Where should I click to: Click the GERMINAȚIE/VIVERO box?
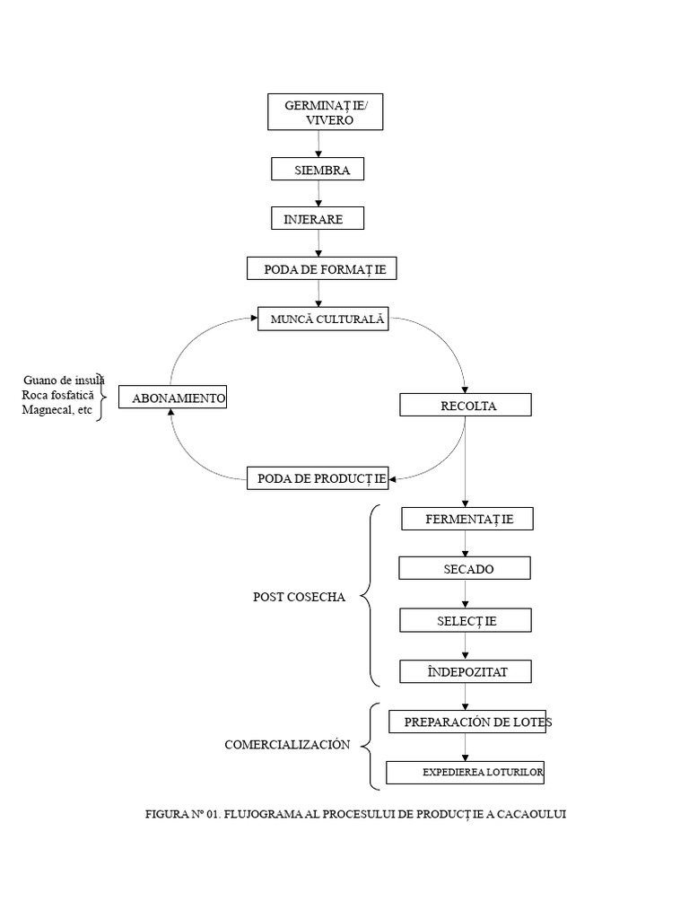[325, 112]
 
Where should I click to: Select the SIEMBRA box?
[318, 170]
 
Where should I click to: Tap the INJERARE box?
[318, 218]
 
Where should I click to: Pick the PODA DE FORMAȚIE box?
[322, 268]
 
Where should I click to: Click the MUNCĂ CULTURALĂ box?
[323, 319]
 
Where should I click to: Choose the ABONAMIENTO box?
[173, 397]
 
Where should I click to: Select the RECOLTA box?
[466, 405]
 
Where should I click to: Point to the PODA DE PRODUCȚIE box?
[318, 478]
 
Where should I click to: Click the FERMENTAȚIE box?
[467, 519]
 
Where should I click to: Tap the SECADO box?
[465, 568]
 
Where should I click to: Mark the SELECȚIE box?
[466, 620]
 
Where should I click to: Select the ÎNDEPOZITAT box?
[466, 671]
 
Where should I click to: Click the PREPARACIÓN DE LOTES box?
[467, 722]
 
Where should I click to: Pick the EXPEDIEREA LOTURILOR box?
[466, 773]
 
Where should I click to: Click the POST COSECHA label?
[299, 597]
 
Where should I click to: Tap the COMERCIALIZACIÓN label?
[287, 744]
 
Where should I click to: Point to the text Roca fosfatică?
[57, 395]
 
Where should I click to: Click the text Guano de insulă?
[64, 381]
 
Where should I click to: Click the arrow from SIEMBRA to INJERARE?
[318, 194]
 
